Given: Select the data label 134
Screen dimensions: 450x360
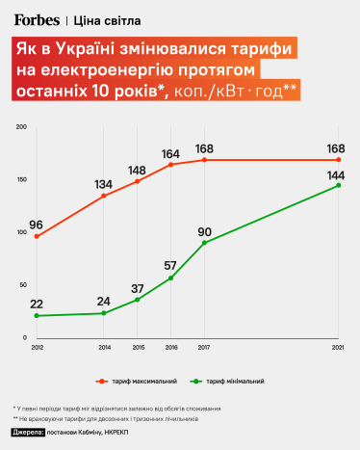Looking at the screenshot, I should (x=104, y=184).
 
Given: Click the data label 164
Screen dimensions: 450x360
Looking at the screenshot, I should (x=171, y=153).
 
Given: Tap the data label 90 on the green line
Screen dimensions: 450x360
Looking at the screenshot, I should (x=204, y=230).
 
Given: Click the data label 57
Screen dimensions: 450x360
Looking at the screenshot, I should (x=169, y=265).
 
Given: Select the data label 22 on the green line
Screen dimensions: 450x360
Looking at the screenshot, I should (x=37, y=304).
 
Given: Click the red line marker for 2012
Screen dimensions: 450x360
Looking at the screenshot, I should (x=37, y=236).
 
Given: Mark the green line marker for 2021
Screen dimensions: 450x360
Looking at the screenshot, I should (x=339, y=185).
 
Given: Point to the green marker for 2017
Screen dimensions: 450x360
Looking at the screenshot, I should (x=205, y=243).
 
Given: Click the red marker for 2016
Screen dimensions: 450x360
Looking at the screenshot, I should (x=171, y=165).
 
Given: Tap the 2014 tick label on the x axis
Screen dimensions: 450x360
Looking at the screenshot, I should (x=104, y=346).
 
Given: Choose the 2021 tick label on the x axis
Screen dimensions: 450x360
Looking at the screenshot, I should (x=339, y=346).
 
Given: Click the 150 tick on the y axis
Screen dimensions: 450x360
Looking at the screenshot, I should (x=20, y=180).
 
